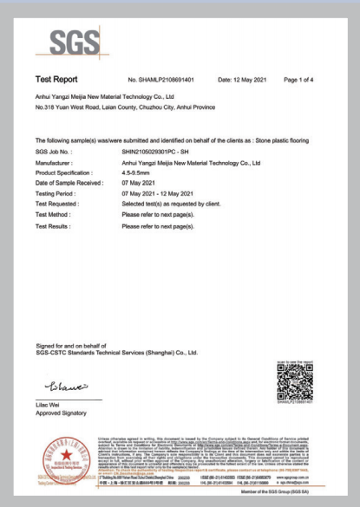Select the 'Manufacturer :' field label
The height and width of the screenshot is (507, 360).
click(x=54, y=161)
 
